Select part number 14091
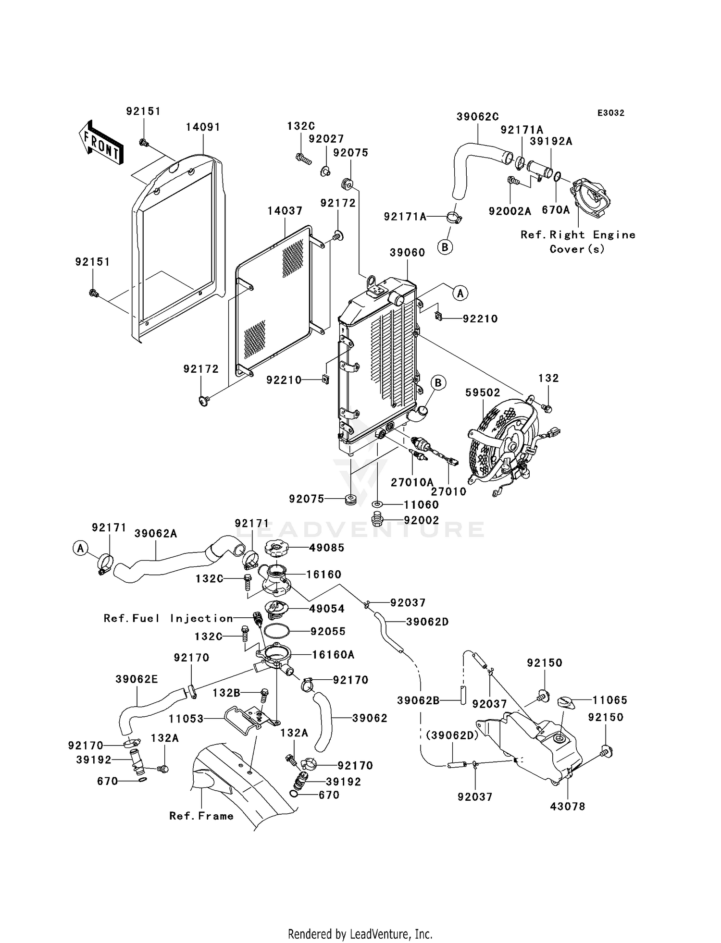(203, 127)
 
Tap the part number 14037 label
(285, 211)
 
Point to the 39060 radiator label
(407, 253)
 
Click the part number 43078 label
(568, 807)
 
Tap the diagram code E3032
(610, 113)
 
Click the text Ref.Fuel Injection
(168, 618)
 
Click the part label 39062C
(477, 117)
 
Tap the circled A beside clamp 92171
(81, 548)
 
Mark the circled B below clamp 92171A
(445, 247)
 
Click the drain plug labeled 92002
(378, 520)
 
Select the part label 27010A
(412, 482)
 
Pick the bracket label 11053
(186, 719)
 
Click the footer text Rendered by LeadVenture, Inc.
(360, 934)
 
